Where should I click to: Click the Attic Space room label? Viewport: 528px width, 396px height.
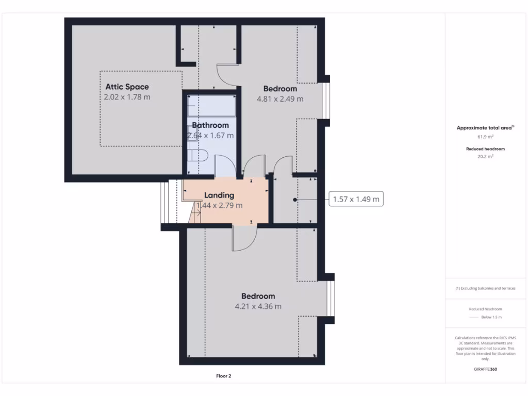pyautogui.click(x=127, y=87)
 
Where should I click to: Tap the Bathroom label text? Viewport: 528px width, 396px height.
pyautogui.click(x=210, y=125)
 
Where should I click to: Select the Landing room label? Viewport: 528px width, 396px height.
pyautogui.click(x=219, y=195)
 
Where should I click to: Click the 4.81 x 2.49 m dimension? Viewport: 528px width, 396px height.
pyautogui.click(x=280, y=99)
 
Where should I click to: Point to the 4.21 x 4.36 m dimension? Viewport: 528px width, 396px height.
pyautogui.click(x=258, y=306)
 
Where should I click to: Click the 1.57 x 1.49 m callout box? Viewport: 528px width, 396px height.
pyautogui.click(x=356, y=199)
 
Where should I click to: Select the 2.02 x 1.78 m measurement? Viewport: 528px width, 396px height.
pyautogui.click(x=127, y=97)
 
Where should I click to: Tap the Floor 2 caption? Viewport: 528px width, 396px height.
pyautogui.click(x=223, y=376)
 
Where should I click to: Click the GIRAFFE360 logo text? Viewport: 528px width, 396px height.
pyautogui.click(x=485, y=369)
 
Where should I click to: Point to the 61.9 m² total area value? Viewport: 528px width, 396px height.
pyautogui.click(x=485, y=137)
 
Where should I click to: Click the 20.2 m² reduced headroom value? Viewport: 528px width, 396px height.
pyautogui.click(x=485, y=157)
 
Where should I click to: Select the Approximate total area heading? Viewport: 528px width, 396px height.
pyautogui.click(x=485, y=128)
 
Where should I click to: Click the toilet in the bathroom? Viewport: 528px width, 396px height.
pyautogui.click(x=198, y=155)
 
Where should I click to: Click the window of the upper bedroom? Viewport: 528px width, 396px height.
pyautogui.click(x=326, y=101)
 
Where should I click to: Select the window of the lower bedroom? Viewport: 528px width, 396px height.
pyautogui.click(x=331, y=299)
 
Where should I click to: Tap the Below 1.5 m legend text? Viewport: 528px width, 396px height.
pyautogui.click(x=491, y=317)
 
